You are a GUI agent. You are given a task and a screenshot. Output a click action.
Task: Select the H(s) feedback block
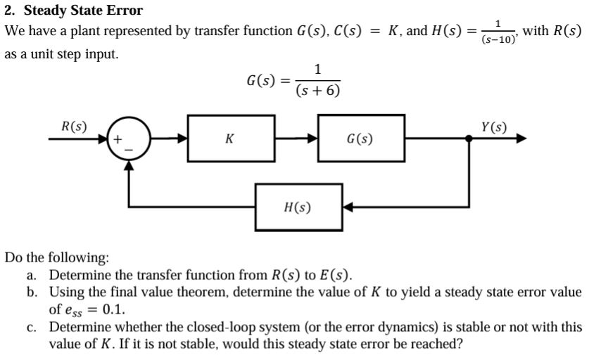[298, 207]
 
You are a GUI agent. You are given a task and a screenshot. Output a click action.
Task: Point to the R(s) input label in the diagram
[74, 127]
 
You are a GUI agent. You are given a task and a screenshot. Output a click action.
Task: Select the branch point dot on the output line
[469, 139]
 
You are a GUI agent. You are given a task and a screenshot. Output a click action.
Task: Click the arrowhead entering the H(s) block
[348, 207]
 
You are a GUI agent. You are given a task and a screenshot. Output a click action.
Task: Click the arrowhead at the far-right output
[521, 139]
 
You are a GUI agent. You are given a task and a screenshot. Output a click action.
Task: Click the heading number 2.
[8, 11]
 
